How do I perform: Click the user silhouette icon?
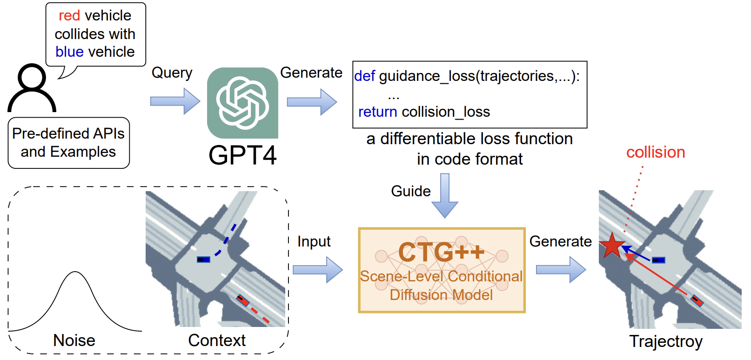(32, 88)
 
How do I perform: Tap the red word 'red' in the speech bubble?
(69, 16)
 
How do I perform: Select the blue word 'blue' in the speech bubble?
(69, 52)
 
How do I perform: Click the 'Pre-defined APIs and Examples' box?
(69, 143)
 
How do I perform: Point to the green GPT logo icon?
(242, 103)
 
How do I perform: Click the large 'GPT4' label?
(243, 155)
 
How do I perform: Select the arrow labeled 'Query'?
(175, 101)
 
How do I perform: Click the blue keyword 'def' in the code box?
(364, 76)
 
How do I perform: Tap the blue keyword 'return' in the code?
(377, 112)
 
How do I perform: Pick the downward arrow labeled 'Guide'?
(444, 195)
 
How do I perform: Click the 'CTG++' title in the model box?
(441, 252)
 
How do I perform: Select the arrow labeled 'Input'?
(317, 270)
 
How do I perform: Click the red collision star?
(612, 246)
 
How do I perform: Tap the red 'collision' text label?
(656, 153)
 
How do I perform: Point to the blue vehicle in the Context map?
(203, 260)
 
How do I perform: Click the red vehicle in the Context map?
(243, 300)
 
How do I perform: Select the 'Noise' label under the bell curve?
(74, 340)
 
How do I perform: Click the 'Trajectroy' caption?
(666, 342)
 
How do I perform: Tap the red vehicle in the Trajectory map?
(697, 300)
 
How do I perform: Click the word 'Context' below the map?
(217, 340)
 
